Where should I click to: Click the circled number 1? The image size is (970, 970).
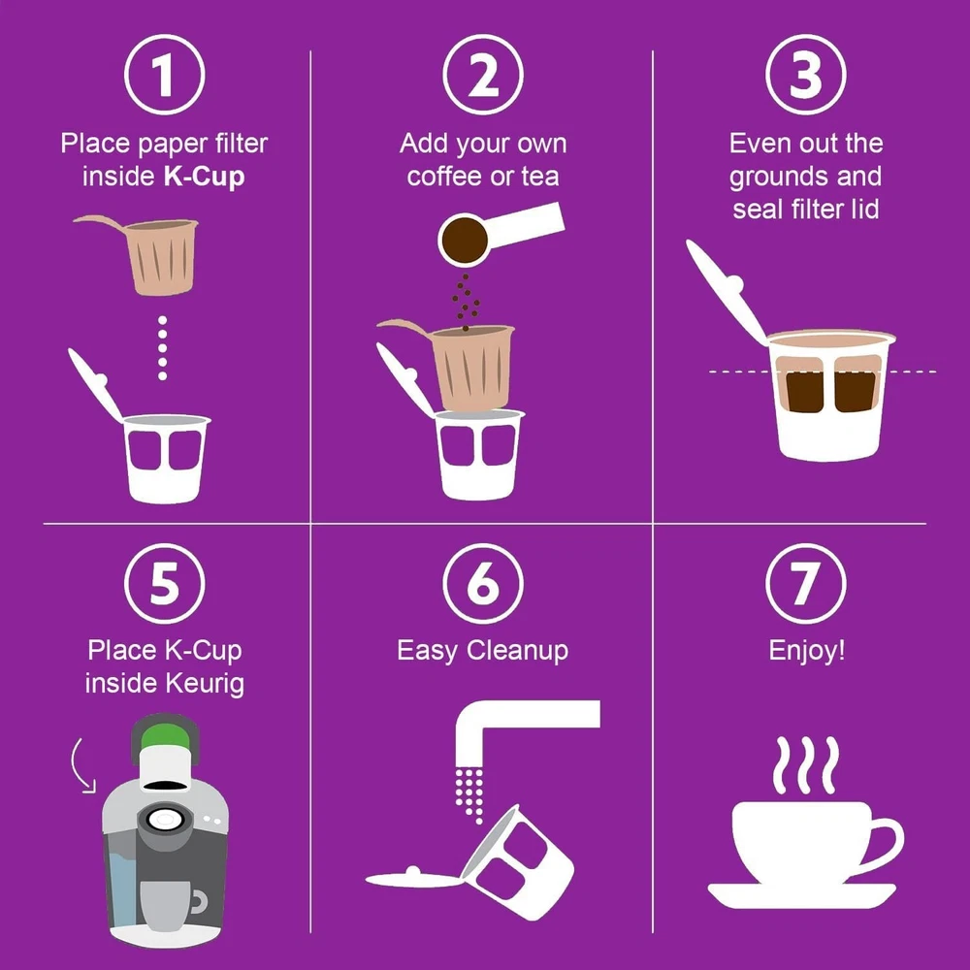tap(165, 75)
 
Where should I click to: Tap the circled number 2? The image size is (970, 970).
tap(483, 75)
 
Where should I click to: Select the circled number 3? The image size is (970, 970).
tap(805, 75)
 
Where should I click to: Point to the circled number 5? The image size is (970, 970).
tap(165, 583)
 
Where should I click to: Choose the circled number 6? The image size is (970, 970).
tap(483, 583)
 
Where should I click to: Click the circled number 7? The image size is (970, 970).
tap(805, 583)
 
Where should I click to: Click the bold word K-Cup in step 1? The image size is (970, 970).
tap(204, 177)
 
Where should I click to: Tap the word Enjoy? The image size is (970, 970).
tap(807, 652)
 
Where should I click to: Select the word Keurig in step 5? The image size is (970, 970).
tap(205, 684)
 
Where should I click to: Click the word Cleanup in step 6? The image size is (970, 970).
tap(517, 652)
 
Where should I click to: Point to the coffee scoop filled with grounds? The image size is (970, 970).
tap(501, 234)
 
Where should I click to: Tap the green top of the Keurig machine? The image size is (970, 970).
tap(165, 737)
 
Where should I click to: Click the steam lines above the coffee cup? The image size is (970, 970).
tap(805, 765)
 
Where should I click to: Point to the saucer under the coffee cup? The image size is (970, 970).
tap(802, 895)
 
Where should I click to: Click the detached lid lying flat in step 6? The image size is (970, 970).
tap(413, 878)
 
